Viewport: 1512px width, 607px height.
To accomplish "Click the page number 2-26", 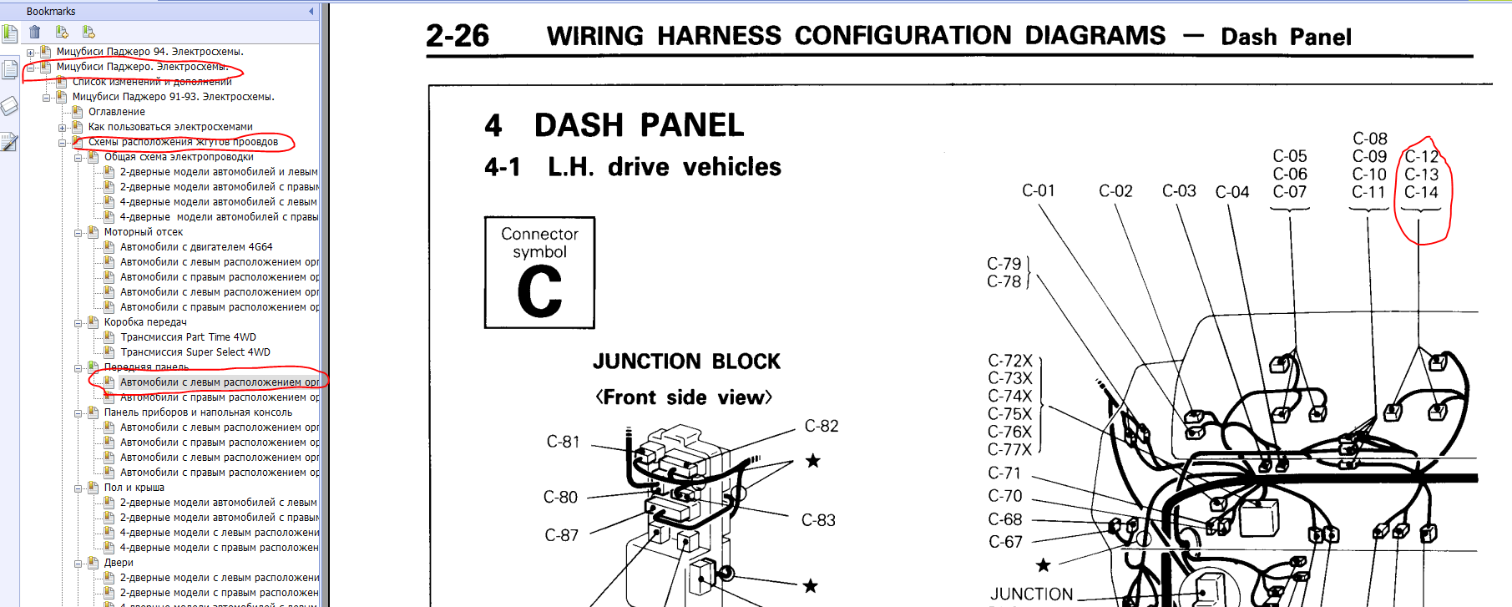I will (457, 36).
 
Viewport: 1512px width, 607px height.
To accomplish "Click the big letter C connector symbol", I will (539, 291).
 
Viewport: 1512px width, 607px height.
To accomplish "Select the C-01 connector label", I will (1039, 191).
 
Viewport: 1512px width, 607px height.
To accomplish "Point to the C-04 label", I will (1231, 192).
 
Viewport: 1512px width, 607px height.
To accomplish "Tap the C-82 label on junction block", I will (821, 426).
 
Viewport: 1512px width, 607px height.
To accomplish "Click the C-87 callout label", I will (561, 535).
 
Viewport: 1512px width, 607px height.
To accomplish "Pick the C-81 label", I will (563, 442).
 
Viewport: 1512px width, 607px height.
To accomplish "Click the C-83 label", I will (818, 520).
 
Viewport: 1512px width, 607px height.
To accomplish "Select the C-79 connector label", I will (1004, 264).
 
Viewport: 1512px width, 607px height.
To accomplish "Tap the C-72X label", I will (1010, 361).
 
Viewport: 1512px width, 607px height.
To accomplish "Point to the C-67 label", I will (1005, 542).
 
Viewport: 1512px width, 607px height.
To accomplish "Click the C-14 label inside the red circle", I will (1421, 192).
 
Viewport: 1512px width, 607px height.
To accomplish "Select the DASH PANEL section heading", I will (639, 125).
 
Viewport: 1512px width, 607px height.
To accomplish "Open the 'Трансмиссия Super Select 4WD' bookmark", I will (195, 352).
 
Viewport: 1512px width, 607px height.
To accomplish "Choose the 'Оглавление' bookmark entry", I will (117, 112).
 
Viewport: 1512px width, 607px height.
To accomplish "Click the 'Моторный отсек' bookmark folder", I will (144, 232).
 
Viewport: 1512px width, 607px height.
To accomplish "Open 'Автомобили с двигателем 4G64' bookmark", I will (196, 247).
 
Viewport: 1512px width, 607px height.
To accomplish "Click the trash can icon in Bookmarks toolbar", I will (35, 32).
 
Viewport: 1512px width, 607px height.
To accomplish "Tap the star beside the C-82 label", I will (812, 461).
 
